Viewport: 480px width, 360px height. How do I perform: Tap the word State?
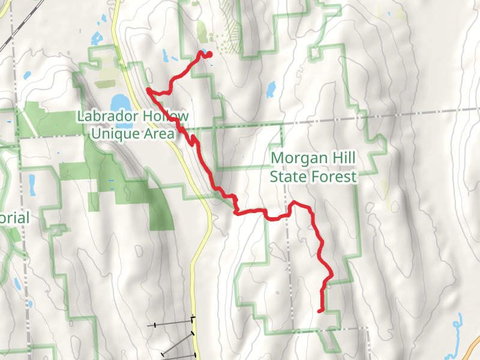(x=287, y=176)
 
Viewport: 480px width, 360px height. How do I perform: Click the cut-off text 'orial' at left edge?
(x=14, y=217)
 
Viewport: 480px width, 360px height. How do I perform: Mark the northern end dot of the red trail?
(x=209, y=55)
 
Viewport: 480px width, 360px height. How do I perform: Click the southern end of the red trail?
(x=319, y=310)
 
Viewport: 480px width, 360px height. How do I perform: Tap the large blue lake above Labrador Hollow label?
(x=118, y=100)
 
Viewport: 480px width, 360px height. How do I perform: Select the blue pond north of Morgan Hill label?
(x=270, y=89)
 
